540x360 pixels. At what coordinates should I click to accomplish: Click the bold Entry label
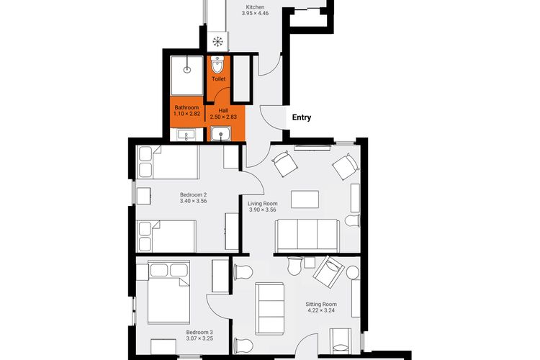pos(302,117)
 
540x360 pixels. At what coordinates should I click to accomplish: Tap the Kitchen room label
pos(255,7)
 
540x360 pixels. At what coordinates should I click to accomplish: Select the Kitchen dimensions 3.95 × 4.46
pos(255,13)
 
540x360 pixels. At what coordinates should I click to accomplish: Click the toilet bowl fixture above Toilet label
pos(217,64)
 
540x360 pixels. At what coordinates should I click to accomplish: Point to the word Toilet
pos(218,79)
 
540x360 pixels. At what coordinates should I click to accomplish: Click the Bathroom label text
pos(186,107)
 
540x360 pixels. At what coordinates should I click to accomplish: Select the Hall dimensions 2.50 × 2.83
pos(223,117)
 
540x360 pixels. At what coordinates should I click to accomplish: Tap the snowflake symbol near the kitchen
pos(217,42)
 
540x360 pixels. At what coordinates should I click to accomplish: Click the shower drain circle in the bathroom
pos(187,70)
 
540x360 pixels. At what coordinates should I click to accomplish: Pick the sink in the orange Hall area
pos(220,134)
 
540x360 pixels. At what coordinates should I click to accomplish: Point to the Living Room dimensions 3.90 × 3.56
pos(262,210)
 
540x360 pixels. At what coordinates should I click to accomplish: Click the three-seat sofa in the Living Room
pos(307,235)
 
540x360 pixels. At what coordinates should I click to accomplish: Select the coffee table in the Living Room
pos(305,199)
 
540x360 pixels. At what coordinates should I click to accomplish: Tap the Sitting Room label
pos(321,304)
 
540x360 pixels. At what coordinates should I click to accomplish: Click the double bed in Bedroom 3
pos(168,292)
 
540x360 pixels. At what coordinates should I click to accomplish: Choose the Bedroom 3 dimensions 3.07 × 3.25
pos(199,338)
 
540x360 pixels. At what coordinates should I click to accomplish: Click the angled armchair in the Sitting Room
pos(328,272)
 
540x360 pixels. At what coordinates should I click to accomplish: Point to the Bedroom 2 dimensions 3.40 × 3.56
pos(193,201)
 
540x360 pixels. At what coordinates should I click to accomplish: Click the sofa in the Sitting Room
pos(270,309)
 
